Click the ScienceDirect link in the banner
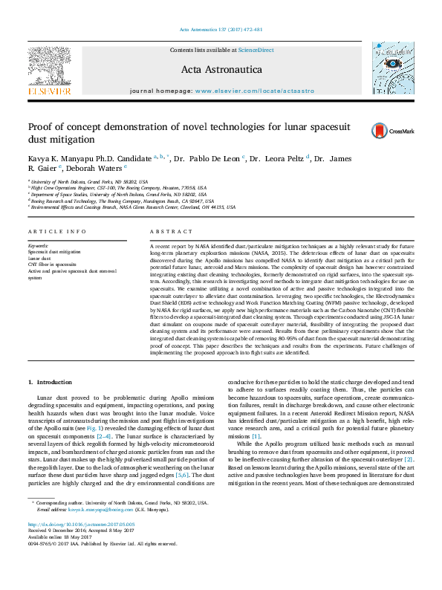pos(257,49)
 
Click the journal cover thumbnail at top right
pos(391,70)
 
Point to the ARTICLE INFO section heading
pos(57,231)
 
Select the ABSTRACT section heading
pos(166,231)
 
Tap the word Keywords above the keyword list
pos(38,244)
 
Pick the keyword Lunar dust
pos(40,258)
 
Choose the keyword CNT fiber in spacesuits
pos(52,264)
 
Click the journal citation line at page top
pos(221,29)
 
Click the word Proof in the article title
pos(41,127)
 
